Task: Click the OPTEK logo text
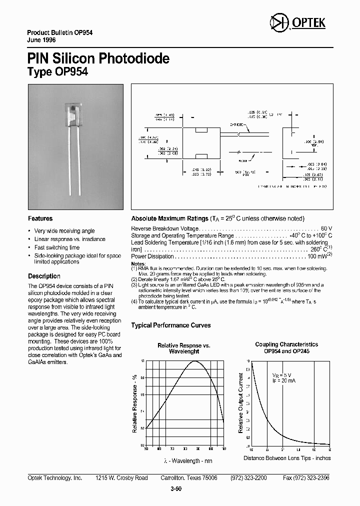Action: point(312,23)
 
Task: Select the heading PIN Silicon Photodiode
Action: point(98,58)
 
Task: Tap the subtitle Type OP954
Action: point(57,72)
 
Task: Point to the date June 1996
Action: point(41,39)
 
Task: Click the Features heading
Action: point(40,218)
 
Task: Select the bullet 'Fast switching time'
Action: point(56,247)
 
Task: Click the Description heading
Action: point(44,276)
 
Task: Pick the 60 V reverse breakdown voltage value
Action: point(326,228)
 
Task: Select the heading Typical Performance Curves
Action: point(170,325)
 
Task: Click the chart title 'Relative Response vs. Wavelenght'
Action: point(184,348)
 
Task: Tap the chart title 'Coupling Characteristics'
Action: point(286,344)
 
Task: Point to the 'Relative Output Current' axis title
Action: point(241,402)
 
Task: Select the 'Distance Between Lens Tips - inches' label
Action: point(287,458)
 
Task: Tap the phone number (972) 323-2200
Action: point(248,478)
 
